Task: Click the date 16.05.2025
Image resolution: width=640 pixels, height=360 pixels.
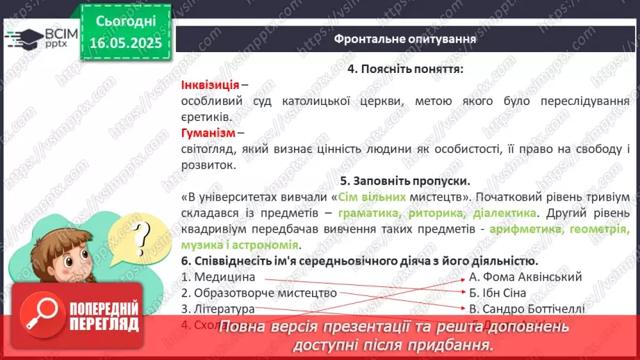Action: pos(125,43)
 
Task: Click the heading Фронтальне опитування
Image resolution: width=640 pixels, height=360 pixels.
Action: pos(405,39)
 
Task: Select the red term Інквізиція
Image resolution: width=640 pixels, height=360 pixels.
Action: pos(210,85)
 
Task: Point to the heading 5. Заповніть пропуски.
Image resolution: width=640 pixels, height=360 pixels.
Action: pos(405,182)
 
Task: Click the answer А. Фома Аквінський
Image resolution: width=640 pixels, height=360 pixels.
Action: pos(516,277)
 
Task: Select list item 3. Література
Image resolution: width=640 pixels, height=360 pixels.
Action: pos(218,309)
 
